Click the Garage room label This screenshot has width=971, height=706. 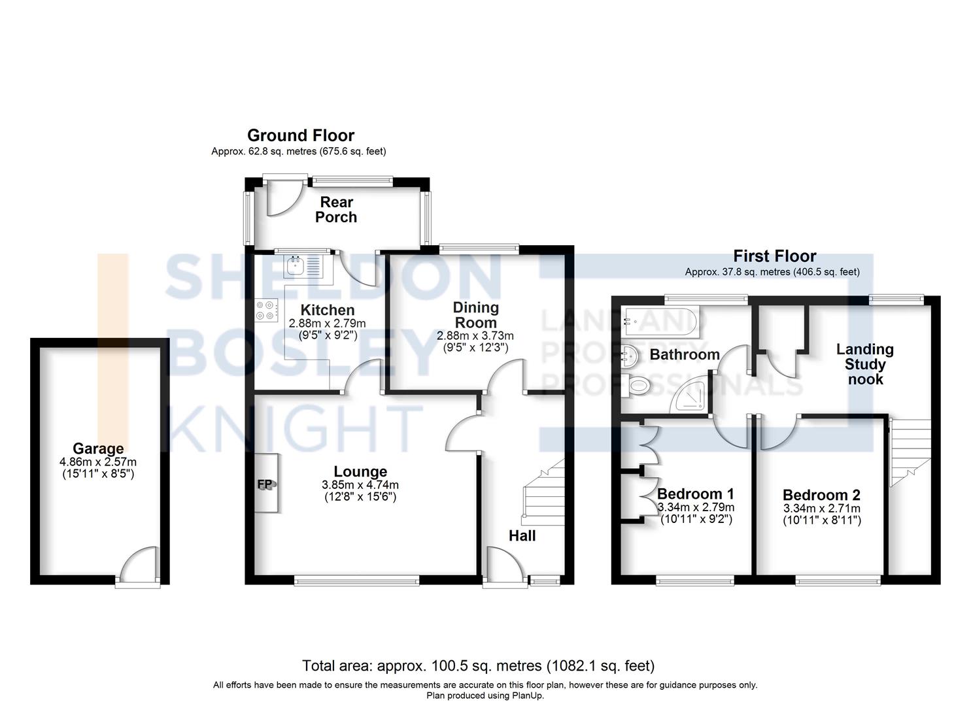pos(98,448)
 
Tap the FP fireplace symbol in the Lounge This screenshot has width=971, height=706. pos(267,484)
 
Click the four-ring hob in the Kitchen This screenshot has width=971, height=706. pos(266,310)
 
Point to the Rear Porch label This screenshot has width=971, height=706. pos(336,209)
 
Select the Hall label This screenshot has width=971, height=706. pos(522,536)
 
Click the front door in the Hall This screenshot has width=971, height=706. pos(504,563)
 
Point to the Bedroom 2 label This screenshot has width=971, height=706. pos(821,495)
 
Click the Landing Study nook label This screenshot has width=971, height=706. pos(865,364)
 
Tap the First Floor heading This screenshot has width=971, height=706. pos(774,256)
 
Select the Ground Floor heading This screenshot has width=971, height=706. pos(300,135)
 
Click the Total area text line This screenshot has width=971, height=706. pos(478,665)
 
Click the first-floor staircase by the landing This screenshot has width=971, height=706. pos(910,452)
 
